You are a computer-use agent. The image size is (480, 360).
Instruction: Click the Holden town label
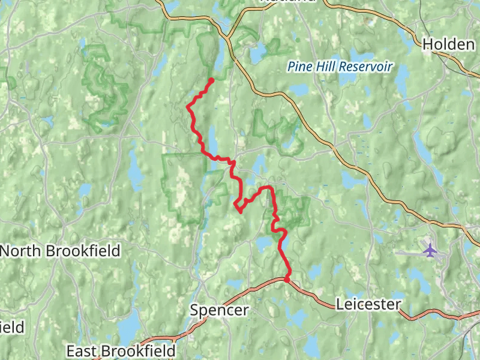tap(448, 44)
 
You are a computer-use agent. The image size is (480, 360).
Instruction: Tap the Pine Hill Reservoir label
tap(340, 67)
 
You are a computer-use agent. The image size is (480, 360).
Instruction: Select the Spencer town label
tap(219, 310)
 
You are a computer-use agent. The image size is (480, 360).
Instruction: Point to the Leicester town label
tap(368, 304)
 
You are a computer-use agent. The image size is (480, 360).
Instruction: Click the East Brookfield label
tap(121, 350)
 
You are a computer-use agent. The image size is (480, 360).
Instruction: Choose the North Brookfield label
tap(60, 250)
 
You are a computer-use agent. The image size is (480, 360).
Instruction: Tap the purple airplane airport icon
tap(430, 248)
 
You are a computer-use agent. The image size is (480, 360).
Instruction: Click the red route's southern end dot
tap(287, 279)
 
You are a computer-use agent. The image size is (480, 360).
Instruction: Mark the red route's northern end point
tap(212, 80)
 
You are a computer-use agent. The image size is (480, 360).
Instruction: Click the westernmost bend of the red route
tap(188, 107)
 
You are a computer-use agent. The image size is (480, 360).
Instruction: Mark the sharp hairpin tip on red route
tap(239, 211)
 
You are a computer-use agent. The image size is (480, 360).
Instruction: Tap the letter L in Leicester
tap(340, 304)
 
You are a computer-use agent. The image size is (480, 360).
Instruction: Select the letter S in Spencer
tap(194, 310)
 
